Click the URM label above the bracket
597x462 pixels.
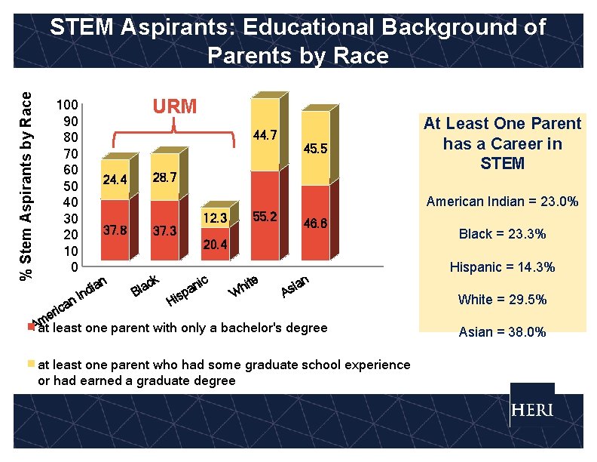point(175,106)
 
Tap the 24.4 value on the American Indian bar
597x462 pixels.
point(115,180)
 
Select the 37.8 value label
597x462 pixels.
point(115,230)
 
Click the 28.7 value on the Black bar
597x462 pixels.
point(164,177)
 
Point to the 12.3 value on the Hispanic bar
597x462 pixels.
point(215,218)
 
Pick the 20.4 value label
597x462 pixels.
point(215,245)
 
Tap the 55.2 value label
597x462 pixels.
point(265,217)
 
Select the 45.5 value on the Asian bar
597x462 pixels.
point(315,149)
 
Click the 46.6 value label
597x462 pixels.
point(315,223)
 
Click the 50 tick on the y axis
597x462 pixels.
point(70,186)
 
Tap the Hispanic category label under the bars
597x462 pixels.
point(188,293)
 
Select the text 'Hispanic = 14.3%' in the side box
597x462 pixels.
point(502,267)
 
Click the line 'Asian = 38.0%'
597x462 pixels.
point(502,331)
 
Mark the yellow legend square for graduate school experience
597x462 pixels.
point(31,364)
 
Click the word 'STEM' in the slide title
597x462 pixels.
point(81,28)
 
